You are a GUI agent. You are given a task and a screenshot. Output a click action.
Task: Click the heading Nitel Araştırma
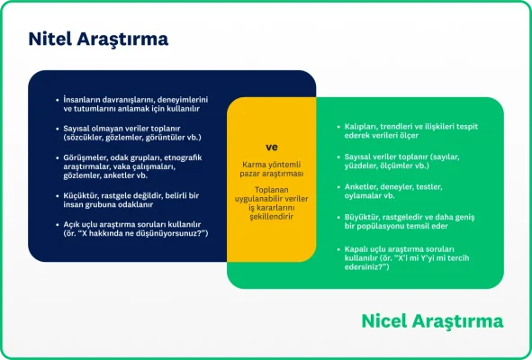point(98,40)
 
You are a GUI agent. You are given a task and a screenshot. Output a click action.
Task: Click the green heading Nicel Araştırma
point(432,321)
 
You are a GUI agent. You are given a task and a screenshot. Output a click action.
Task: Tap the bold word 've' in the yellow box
point(271,147)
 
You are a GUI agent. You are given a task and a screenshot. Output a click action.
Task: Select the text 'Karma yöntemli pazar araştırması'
point(272,168)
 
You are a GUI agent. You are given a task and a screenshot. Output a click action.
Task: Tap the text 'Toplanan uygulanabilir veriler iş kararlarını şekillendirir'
point(272,203)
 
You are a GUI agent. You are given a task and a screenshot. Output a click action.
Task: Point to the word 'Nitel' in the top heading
point(50,40)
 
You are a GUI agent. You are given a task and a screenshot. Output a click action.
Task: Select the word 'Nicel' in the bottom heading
point(387,321)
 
